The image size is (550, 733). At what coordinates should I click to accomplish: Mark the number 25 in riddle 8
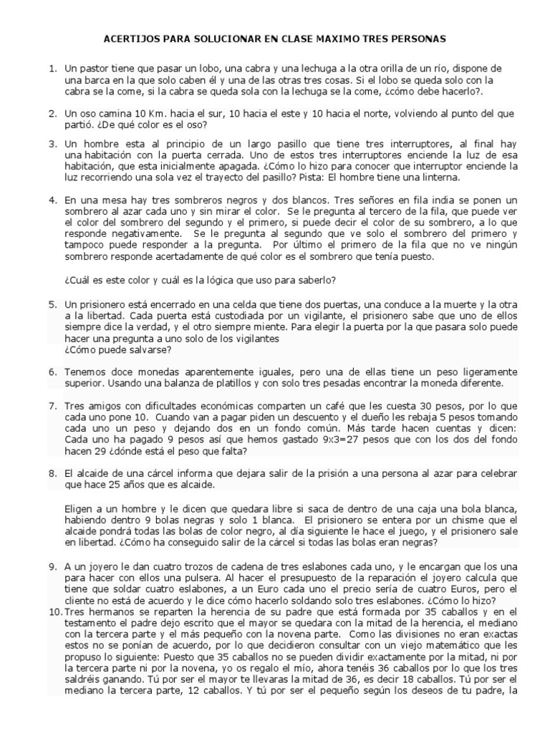click(122, 485)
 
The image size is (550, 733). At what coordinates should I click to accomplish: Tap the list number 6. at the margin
click(53, 372)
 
